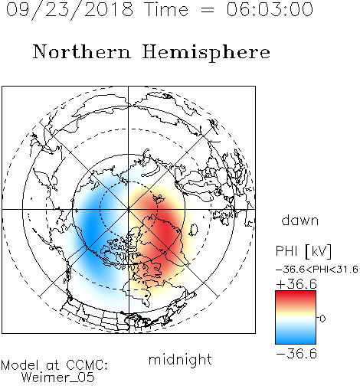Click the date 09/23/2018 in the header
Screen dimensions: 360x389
(x=70, y=10)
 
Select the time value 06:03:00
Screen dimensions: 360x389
(x=270, y=9)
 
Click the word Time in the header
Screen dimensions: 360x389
(x=166, y=9)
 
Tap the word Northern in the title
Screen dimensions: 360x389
(x=82, y=51)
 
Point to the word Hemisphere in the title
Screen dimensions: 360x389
(x=206, y=53)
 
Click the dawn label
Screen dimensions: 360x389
(x=300, y=220)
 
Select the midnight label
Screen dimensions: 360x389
(x=180, y=359)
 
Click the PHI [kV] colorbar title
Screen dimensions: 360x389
(x=303, y=251)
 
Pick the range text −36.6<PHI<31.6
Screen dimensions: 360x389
(x=317, y=270)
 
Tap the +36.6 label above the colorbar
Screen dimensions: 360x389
(x=296, y=284)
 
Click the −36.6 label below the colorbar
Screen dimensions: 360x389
(x=296, y=354)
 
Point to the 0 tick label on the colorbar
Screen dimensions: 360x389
(x=322, y=319)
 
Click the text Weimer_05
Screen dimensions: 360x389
(x=58, y=378)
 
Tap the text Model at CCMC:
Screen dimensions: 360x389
(x=54, y=365)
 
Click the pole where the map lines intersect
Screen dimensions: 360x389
(x=129, y=209)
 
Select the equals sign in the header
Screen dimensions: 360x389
(x=208, y=10)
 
